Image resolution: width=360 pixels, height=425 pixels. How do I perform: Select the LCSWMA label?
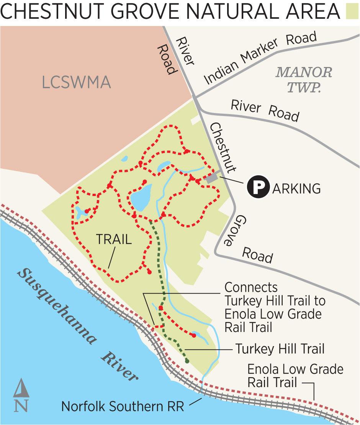76,82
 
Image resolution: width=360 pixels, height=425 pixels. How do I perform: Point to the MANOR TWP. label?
304,79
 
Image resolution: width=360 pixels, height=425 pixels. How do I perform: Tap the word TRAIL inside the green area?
114,239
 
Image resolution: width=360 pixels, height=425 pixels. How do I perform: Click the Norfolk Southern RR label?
123,406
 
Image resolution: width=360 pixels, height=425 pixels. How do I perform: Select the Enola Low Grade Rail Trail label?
295,376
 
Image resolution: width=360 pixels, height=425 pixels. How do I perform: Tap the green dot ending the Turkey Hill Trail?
187,361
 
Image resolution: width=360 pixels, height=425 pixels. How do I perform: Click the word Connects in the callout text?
251,287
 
